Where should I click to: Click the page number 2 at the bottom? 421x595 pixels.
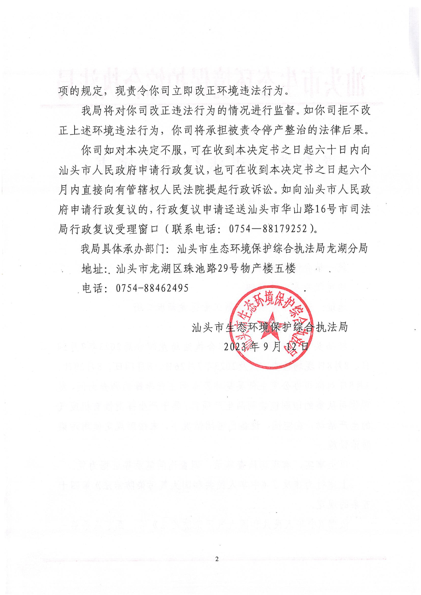coord(217,559)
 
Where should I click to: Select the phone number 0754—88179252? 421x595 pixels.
coord(268,229)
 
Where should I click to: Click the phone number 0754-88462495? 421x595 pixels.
coord(152,288)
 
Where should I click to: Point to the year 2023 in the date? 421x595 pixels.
coord(235,347)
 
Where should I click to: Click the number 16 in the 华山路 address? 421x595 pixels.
coord(320,209)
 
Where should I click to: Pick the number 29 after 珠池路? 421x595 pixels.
coord(223,268)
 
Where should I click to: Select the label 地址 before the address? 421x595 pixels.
coord(92,268)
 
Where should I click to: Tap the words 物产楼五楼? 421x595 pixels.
coord(268,268)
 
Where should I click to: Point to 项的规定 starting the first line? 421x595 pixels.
coord(80,90)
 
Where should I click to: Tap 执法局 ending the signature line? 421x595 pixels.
coord(332,327)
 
